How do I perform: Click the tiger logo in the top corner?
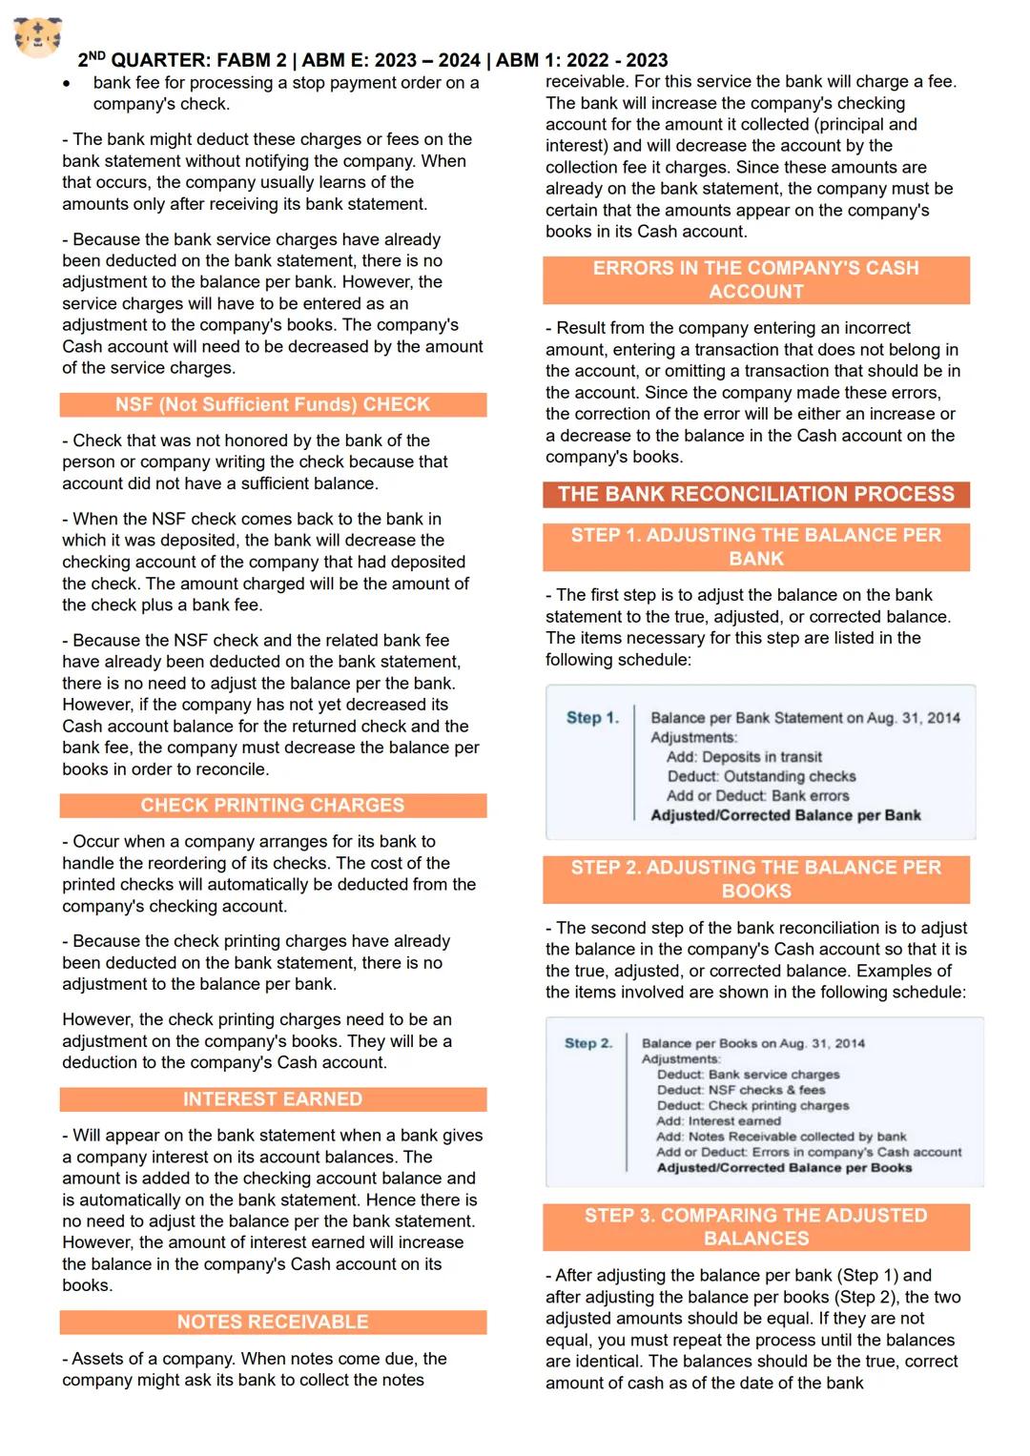coord(38,36)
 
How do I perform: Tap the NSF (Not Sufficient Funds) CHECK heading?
coord(273,404)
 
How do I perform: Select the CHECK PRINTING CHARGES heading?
coord(273,806)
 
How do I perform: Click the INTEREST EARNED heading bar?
coord(273,1099)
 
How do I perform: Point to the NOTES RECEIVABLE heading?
coord(273,1323)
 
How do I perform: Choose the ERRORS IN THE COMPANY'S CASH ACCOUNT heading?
coord(756,280)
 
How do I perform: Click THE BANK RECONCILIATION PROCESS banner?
coord(756,494)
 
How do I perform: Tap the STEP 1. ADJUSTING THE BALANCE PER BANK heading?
coord(756,547)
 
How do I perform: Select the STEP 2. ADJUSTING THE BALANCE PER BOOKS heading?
coord(756,879)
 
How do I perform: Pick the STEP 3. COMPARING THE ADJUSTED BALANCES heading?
coord(756,1227)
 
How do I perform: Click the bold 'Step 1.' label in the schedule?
coord(592,718)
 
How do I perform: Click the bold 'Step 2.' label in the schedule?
coord(588,1043)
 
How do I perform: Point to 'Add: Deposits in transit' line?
coord(744,757)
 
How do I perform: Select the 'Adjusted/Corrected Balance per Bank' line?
coord(786,815)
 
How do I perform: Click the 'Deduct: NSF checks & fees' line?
coord(741,1090)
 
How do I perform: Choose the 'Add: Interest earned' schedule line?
coord(718,1121)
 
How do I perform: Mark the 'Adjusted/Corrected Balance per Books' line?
coord(784,1168)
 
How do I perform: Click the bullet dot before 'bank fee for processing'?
coord(67,84)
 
